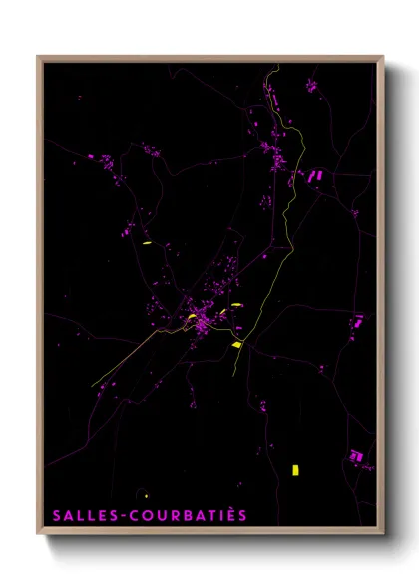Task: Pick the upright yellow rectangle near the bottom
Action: pos(295,469)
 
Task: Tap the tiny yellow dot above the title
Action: pos(147,495)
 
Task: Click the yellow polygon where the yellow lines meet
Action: pos(237,344)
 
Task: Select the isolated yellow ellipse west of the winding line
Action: pos(146,243)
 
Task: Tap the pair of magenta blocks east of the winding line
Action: pos(314,176)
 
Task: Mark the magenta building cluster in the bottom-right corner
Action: pos(355,455)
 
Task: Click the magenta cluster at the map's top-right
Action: pos(311,87)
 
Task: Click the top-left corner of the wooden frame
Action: pos(39,58)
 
